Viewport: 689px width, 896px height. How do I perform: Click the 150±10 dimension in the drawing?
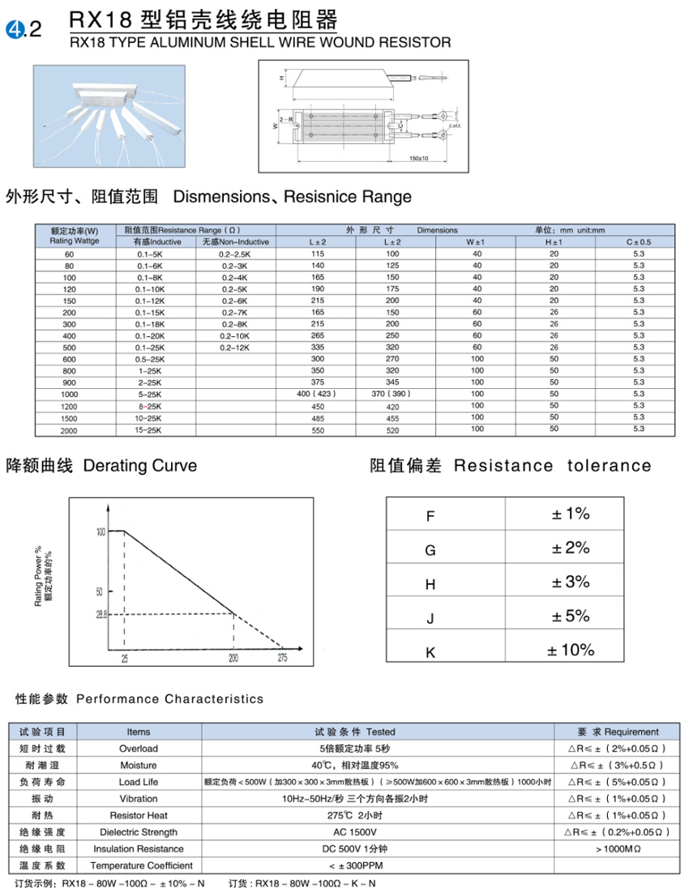(419, 158)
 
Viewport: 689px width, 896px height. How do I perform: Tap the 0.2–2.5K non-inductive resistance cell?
(235, 254)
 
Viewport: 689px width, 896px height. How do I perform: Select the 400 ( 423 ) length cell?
(317, 393)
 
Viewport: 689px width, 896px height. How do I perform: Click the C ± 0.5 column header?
(638, 242)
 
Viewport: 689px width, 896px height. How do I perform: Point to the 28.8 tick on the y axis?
(101, 615)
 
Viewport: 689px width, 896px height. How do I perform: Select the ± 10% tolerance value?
(571, 650)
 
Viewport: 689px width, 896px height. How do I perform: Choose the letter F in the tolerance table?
(430, 515)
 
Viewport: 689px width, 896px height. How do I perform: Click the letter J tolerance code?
(430, 618)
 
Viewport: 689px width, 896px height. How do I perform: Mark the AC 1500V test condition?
(379, 832)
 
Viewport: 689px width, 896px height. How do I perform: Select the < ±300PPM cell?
(379, 866)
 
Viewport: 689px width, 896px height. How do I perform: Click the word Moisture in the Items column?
(139, 765)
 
